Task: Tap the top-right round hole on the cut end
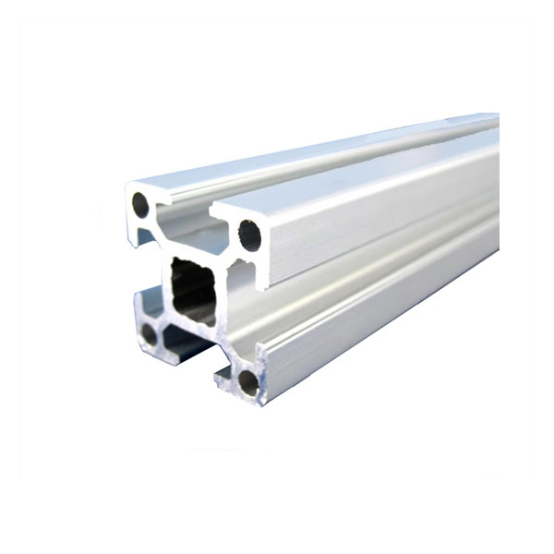click(x=249, y=235)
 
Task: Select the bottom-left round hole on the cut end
click(x=149, y=333)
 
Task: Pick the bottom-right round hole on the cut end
click(x=248, y=379)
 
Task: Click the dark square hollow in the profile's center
click(x=193, y=292)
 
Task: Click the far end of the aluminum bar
click(x=494, y=185)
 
